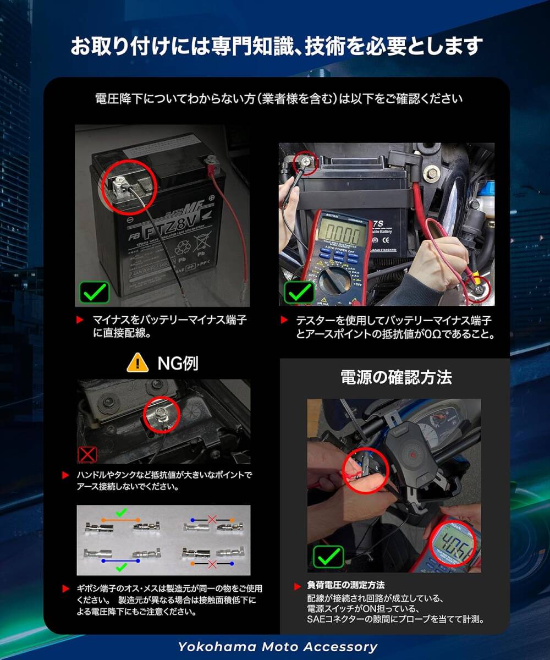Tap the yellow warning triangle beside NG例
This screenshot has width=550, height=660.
pyautogui.click(x=137, y=362)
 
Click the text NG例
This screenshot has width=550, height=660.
pyautogui.click(x=178, y=363)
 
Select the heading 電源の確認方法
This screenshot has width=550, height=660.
pyautogui.click(x=396, y=377)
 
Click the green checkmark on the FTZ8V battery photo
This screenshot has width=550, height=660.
pyautogui.click(x=95, y=292)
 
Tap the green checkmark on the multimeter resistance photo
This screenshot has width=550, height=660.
pyautogui.click(x=299, y=292)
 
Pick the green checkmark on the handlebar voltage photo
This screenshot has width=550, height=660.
pyautogui.click(x=329, y=557)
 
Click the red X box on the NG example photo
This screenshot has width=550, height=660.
pyautogui.click(x=88, y=454)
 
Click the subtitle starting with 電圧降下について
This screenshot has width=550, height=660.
pyautogui.click(x=279, y=99)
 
